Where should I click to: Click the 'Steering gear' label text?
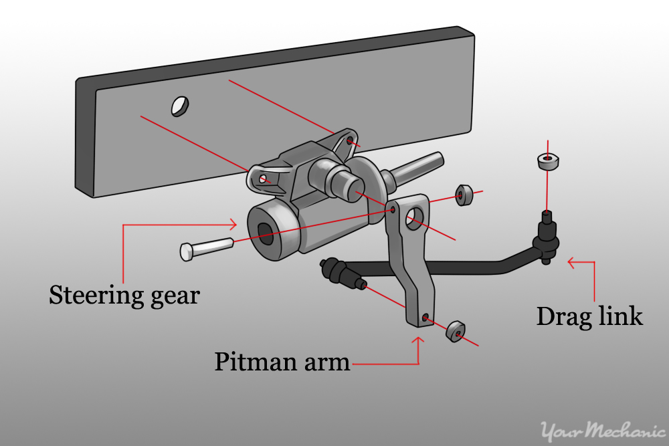point(124,295)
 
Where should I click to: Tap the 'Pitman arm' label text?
point(282,362)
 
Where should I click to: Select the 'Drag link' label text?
point(589,316)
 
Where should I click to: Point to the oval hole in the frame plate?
point(179,106)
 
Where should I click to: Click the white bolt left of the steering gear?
point(206,248)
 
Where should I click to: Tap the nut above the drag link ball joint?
point(547,161)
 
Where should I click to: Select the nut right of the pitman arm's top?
point(464,195)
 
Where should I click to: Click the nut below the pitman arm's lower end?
point(456,331)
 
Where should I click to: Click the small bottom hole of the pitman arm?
point(425,316)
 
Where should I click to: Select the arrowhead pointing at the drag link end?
point(571,263)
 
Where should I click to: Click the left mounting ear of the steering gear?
point(263,178)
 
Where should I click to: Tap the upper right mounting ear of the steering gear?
point(347,142)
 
